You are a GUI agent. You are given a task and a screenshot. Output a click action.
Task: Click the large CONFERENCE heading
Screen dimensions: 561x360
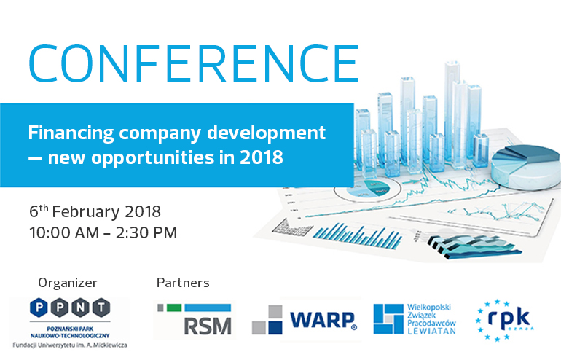(x=193, y=63)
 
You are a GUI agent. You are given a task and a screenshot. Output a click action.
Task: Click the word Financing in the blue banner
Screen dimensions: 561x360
(x=71, y=134)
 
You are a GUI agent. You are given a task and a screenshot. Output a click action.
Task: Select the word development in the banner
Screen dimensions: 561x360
(x=266, y=134)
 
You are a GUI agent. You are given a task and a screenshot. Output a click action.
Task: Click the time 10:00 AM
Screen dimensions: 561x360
(x=64, y=233)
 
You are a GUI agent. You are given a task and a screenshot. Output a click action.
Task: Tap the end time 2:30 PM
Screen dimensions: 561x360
(x=146, y=233)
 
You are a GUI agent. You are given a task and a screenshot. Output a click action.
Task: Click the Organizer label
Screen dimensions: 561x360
(x=68, y=283)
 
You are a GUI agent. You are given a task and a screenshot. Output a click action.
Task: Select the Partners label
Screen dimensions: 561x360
(x=183, y=283)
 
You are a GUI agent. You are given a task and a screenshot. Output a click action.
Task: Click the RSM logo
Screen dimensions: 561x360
(x=195, y=320)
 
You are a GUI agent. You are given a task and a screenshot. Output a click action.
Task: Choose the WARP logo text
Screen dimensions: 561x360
(x=323, y=320)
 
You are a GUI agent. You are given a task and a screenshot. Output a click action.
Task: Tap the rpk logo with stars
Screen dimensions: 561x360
(x=504, y=320)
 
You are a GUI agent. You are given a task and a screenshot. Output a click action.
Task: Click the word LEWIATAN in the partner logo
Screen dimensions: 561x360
(x=431, y=331)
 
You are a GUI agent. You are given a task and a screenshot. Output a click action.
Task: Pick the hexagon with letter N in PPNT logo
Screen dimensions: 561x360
(x=80, y=308)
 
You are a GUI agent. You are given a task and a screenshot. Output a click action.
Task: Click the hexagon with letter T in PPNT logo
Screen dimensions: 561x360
(x=101, y=308)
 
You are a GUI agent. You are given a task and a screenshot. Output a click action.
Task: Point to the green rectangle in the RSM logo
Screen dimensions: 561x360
(x=174, y=308)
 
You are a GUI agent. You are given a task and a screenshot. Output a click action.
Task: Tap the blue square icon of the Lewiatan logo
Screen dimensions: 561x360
(x=388, y=319)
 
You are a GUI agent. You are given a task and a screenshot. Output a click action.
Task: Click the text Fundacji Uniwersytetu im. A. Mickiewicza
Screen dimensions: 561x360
(x=70, y=345)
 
